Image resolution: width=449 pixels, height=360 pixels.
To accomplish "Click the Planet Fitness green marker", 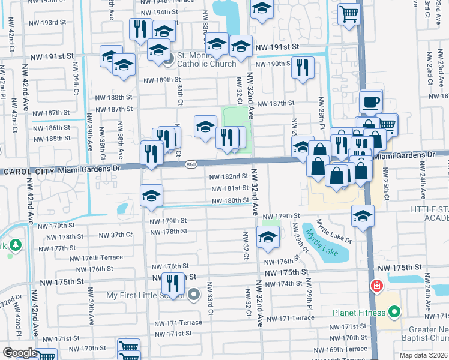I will [x=394, y=312].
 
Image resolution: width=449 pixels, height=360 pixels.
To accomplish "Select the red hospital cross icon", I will [x=376, y=286].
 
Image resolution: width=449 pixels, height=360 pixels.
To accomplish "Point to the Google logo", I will [x=19, y=353].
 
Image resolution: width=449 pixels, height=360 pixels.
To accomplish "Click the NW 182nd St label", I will [x=228, y=176].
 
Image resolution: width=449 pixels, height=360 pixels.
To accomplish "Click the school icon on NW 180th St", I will [x=151, y=196].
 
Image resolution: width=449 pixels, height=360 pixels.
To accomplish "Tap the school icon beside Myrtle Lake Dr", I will [x=363, y=216].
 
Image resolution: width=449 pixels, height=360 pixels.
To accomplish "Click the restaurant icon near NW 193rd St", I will [x=140, y=29].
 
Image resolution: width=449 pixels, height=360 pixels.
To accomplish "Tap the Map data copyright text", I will [x=424, y=355].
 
